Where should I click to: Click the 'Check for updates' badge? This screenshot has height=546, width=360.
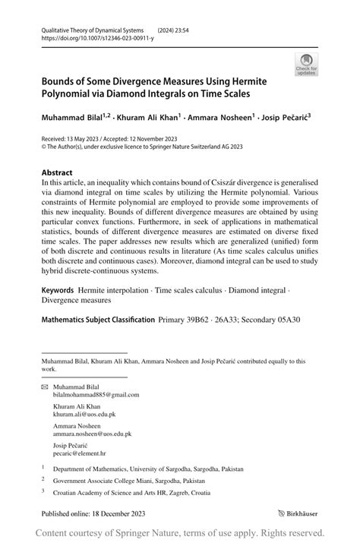[x=306, y=65]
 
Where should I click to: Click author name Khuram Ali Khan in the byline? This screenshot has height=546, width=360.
[x=145, y=118]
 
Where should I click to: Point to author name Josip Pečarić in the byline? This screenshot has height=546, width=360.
[x=284, y=118]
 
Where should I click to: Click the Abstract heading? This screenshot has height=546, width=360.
[x=57, y=172]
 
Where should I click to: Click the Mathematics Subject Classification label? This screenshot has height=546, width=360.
[x=98, y=320]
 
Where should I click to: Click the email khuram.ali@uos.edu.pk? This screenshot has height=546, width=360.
[x=84, y=415]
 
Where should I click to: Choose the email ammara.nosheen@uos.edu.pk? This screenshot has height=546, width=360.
[x=92, y=434]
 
